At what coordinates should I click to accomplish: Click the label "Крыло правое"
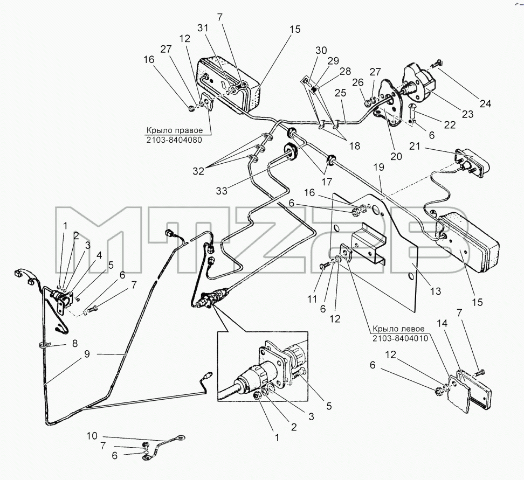174,130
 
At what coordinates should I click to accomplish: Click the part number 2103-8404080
174,140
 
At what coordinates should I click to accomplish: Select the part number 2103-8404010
401,338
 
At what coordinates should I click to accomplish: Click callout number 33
222,191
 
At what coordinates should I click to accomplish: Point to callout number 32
198,171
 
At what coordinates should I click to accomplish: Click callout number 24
486,104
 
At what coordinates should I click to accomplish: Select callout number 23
467,114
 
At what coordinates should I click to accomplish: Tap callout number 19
379,167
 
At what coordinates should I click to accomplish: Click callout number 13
436,291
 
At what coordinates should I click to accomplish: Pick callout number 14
442,323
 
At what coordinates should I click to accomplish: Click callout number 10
92,436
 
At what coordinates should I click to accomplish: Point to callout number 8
75,343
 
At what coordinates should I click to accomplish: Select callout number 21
415,147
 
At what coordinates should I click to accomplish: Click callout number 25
341,93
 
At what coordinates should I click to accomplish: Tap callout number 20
396,156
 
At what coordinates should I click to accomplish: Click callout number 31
203,28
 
